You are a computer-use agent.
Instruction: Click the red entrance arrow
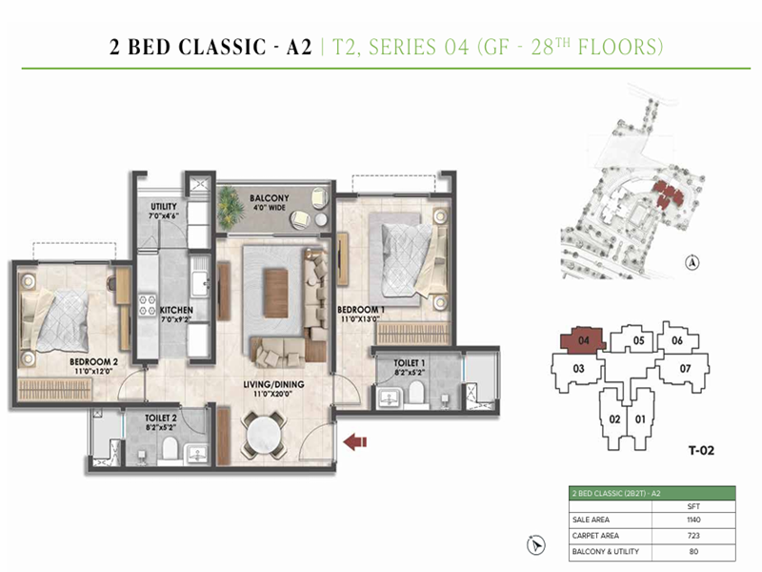click(355, 439)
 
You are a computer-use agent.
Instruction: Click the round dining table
click(263, 436)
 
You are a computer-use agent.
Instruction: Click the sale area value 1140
click(693, 520)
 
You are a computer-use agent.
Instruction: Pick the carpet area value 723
click(693, 536)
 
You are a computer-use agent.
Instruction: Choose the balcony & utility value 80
click(693, 552)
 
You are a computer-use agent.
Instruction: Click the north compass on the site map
click(692, 262)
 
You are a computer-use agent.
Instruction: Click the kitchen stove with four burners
click(149, 305)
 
